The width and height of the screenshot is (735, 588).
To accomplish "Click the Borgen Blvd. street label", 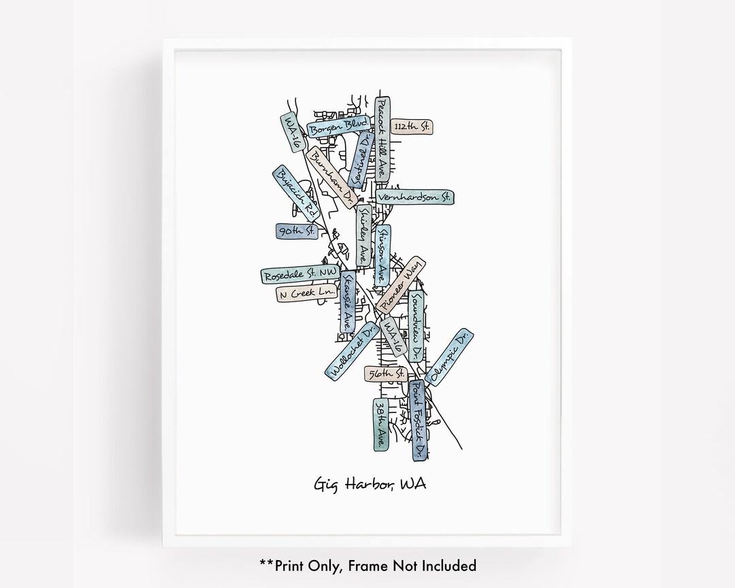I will pos(338,127).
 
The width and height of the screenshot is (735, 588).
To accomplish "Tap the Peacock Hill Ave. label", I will pos(382,139).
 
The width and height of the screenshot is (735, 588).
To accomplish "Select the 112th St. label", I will pos(413,127).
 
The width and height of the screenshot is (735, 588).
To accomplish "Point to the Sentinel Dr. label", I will pos(361,159).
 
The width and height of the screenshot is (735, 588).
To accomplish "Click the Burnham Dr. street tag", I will pos(331,177).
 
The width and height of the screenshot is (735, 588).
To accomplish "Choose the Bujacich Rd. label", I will pos(296,193).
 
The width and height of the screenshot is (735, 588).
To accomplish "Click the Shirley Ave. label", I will pos(364,235).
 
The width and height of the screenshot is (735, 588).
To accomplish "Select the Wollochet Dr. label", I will pos(351,350).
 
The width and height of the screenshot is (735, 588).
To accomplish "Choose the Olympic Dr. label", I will pos(448,355).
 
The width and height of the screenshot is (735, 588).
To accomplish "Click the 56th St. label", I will pos(385,374).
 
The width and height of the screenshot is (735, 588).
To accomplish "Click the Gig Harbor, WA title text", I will pos(370,485).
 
